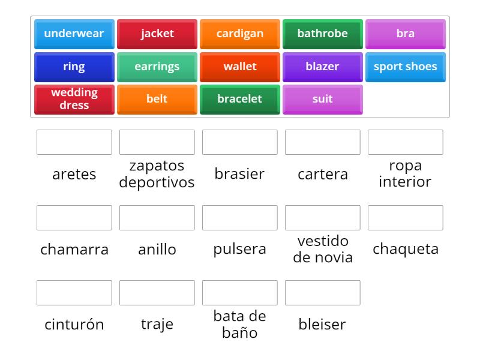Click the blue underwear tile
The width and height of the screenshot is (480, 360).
(x=74, y=34)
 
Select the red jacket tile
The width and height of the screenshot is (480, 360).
(x=157, y=34)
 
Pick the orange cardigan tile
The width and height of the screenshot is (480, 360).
(x=240, y=34)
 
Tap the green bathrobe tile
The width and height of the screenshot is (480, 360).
(x=323, y=34)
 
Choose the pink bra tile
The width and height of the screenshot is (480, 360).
(x=406, y=34)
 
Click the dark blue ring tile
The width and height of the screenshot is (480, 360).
(x=74, y=67)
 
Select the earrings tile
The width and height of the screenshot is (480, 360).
(x=157, y=67)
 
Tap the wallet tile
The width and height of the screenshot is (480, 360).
(x=240, y=67)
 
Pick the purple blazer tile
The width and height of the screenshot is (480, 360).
(x=323, y=67)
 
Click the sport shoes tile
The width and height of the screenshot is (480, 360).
(x=406, y=67)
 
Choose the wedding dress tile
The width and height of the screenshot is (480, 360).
(x=74, y=100)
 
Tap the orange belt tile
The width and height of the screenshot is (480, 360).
(x=157, y=100)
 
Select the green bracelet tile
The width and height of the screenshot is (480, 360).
(x=240, y=100)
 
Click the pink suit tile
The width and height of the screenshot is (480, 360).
(x=323, y=100)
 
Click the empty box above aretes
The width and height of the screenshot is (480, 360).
(x=74, y=142)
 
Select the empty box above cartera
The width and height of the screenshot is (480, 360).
(x=323, y=142)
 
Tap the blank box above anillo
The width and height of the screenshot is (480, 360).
(x=157, y=218)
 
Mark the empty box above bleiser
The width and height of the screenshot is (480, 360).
(x=323, y=293)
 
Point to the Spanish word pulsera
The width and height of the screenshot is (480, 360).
(x=239, y=250)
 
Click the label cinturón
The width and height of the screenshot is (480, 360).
(x=74, y=325)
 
